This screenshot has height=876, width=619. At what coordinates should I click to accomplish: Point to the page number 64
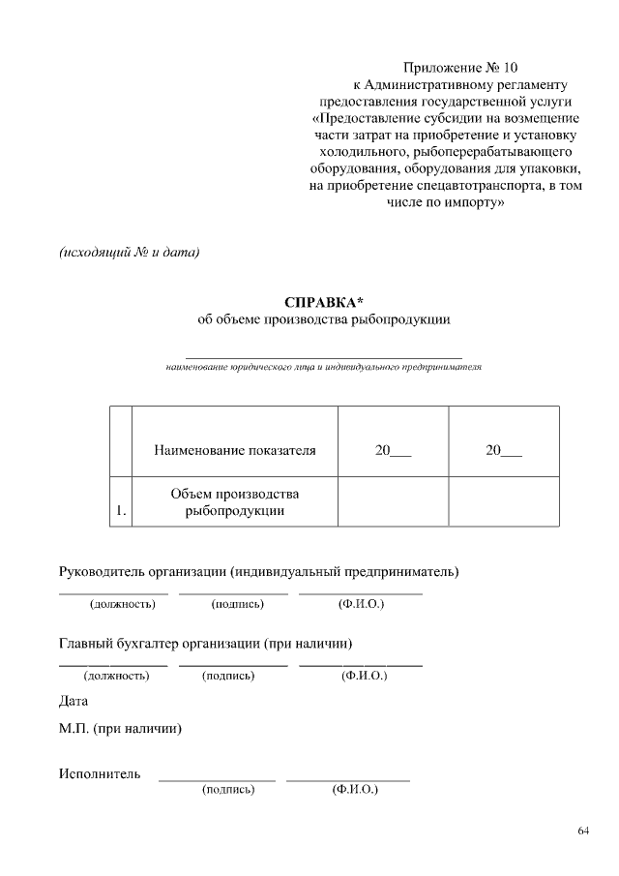click(x=583, y=831)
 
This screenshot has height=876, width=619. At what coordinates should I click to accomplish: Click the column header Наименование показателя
click(x=234, y=450)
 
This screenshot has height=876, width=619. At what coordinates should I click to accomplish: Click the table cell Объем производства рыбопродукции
click(x=234, y=502)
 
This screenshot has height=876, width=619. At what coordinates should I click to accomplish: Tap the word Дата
click(x=74, y=701)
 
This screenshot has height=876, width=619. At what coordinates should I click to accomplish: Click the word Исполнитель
click(x=100, y=773)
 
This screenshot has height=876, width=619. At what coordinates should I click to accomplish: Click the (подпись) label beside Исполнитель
click(x=227, y=790)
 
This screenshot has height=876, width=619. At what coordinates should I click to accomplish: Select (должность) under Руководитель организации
click(x=123, y=604)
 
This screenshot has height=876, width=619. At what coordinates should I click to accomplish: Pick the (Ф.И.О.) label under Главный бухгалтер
click(x=365, y=675)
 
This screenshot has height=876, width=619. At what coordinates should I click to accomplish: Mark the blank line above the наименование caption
click(x=323, y=357)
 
